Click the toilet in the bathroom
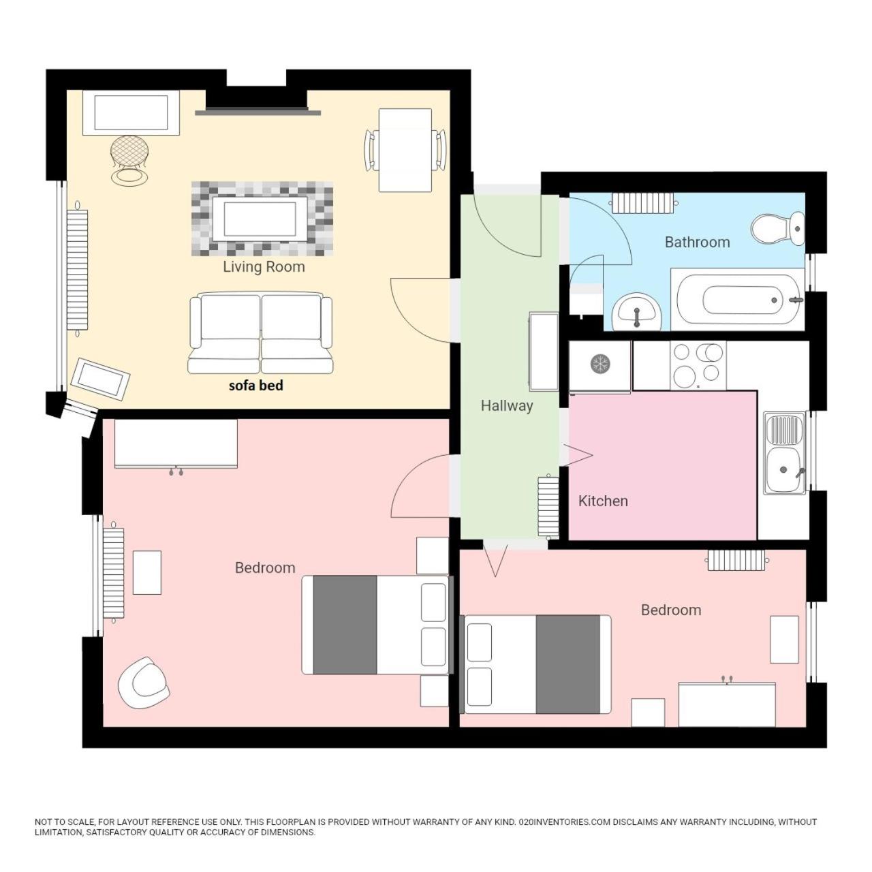pos(777,228)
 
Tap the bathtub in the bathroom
pos(738,299)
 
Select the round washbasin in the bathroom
pos(637,311)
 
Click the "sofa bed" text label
pos(255,386)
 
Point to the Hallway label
pos(506,405)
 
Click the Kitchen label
pos(603,501)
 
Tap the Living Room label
pos(264,266)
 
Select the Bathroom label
pos(697,242)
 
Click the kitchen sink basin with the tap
pos(784,469)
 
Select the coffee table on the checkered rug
pos(260,219)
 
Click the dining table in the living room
pos(405,151)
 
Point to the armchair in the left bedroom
pos(143,683)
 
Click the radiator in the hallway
pos(546,507)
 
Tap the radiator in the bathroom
pos(643,203)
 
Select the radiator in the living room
pos(78,269)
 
